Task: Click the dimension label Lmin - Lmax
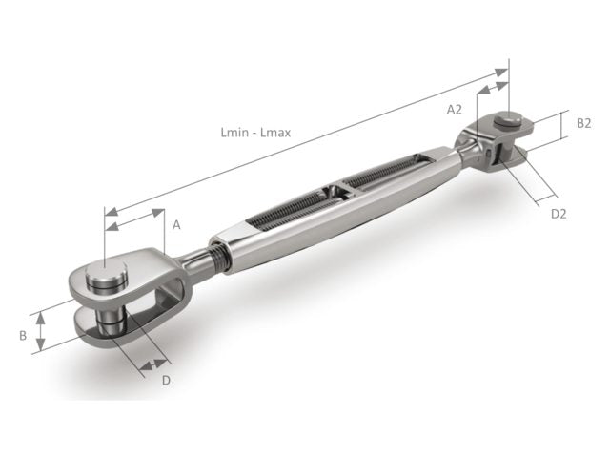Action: (x=254, y=133)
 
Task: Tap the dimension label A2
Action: (x=455, y=109)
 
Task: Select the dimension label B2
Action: (x=584, y=123)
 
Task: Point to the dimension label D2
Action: (x=559, y=214)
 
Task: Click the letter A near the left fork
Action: (x=176, y=225)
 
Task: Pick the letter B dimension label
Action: (x=22, y=335)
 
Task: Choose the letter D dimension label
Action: (x=166, y=382)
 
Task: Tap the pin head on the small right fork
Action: (x=508, y=121)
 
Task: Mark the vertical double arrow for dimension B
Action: (x=40, y=333)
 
